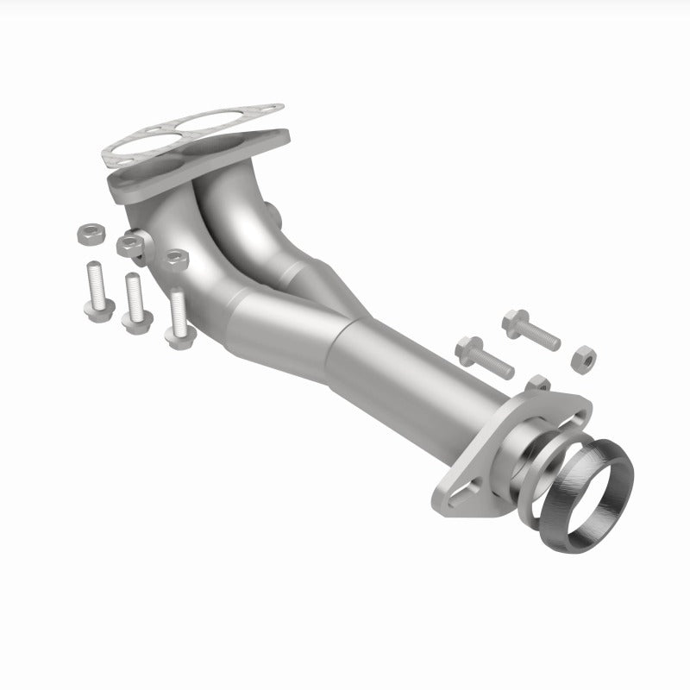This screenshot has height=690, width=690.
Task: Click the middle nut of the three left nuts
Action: [x=131, y=244]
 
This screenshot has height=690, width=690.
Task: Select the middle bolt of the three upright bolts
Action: [x=133, y=302]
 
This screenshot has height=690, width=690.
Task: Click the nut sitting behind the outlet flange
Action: [x=538, y=384]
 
